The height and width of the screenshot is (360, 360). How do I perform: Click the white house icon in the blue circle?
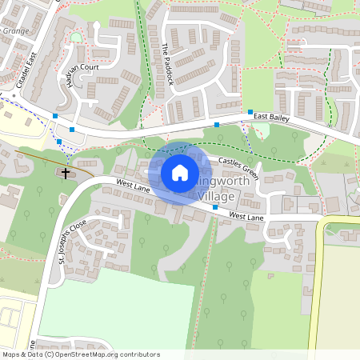(x=180, y=172)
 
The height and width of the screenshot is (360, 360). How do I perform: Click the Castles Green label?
(x=238, y=167)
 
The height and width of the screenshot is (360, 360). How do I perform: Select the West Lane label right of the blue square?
(x=246, y=215)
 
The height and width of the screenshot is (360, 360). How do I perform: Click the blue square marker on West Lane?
(x=215, y=208)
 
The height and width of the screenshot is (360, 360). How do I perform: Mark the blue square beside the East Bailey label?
(x=250, y=112)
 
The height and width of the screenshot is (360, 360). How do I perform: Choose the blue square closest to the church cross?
(x=59, y=142)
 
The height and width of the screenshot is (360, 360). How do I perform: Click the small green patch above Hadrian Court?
(x=76, y=37)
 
